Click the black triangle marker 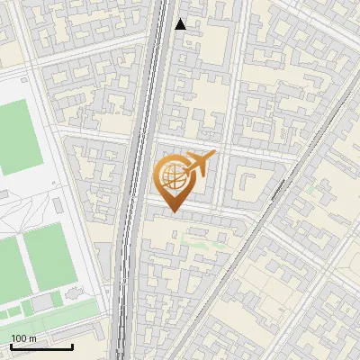coord(180,24)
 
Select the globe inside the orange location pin coord(173,176)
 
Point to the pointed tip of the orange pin coord(172,211)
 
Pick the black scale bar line coord(40,346)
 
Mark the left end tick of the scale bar coord(10,345)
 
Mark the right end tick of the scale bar coord(72,345)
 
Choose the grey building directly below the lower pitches coord(42,302)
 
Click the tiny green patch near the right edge coord(310,190)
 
